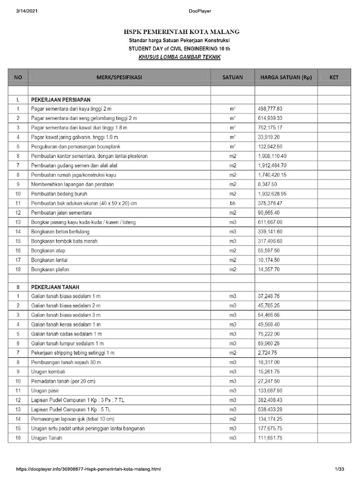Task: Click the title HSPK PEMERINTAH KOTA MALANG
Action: [181, 32]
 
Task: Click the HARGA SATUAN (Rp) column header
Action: [285, 77]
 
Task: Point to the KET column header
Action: [334, 77]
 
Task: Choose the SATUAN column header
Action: [232, 77]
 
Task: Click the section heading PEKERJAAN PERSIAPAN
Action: [60, 100]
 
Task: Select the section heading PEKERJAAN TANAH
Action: [54, 287]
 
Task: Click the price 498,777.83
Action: [277, 109]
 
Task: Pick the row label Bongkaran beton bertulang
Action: [60, 232]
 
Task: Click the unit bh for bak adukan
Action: [232, 203]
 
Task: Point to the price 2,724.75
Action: [270, 352]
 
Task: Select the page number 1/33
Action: [339, 469]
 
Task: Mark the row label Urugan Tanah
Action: [46, 438]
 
